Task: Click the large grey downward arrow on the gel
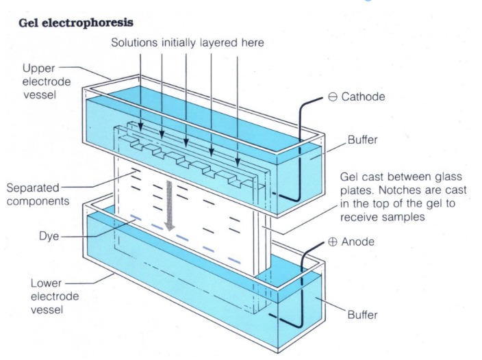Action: [x=169, y=203]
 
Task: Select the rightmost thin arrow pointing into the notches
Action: [x=237, y=110]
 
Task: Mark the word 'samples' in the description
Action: [x=396, y=217]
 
